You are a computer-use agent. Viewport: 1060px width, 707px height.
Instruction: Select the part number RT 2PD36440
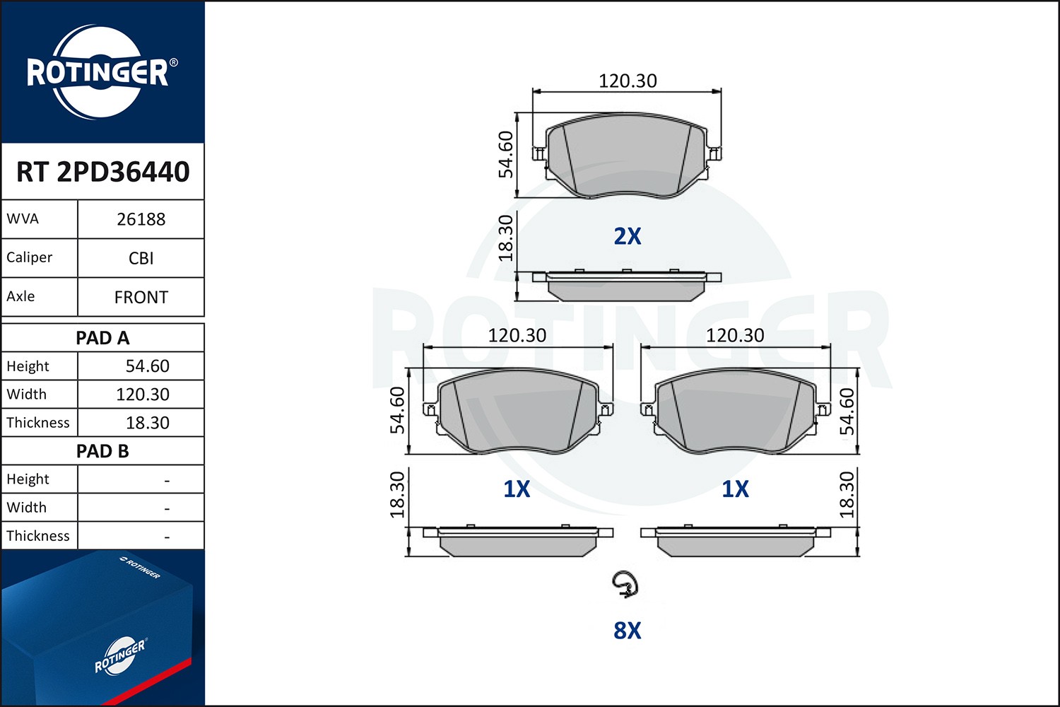(103, 172)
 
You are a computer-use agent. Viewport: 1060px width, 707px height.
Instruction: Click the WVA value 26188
(141, 219)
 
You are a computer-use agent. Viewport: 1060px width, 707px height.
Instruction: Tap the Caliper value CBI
(141, 258)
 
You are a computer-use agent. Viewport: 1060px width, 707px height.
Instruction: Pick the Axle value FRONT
(141, 297)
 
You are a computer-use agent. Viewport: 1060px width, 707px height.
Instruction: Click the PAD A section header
(102, 338)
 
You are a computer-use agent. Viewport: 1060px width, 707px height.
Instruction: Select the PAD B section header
(102, 451)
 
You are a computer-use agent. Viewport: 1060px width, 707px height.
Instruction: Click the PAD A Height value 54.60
(147, 366)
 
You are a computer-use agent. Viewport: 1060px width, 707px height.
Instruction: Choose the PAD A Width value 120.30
(143, 395)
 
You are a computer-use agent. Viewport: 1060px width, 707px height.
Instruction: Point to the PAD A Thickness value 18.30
(147, 423)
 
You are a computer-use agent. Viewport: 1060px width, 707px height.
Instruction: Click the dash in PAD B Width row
(167, 508)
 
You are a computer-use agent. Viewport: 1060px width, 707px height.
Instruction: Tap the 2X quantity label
(627, 236)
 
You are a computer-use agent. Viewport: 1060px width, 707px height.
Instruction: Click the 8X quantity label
(627, 630)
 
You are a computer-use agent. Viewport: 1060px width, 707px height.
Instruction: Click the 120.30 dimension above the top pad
(628, 81)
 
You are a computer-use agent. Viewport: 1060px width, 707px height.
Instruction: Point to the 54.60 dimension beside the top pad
(505, 154)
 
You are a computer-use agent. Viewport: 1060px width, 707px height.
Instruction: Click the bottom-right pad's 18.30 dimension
(847, 494)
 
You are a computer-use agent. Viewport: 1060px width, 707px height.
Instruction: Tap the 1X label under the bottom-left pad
(517, 489)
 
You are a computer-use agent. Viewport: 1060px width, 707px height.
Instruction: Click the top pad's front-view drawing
(627, 156)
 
